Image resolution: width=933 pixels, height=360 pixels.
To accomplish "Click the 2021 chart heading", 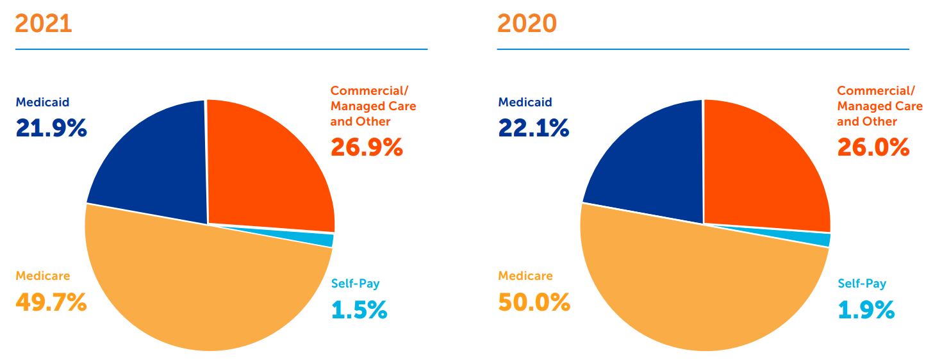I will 43,24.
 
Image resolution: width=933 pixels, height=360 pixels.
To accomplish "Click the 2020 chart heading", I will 526,24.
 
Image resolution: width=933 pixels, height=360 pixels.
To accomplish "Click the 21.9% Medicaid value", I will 51,129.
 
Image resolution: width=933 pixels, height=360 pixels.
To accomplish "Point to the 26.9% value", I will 367,147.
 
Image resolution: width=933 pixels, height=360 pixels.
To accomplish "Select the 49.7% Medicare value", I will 51,302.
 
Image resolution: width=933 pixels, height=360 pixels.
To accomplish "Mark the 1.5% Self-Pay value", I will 359,310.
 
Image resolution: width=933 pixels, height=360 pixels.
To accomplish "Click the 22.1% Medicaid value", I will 533,129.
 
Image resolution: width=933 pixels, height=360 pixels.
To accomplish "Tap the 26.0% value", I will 873,147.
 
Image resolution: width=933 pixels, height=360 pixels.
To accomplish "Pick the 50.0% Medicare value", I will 534,302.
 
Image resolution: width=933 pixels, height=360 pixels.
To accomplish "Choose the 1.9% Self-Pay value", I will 866,310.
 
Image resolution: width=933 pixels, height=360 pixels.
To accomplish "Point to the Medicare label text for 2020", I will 525,276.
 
